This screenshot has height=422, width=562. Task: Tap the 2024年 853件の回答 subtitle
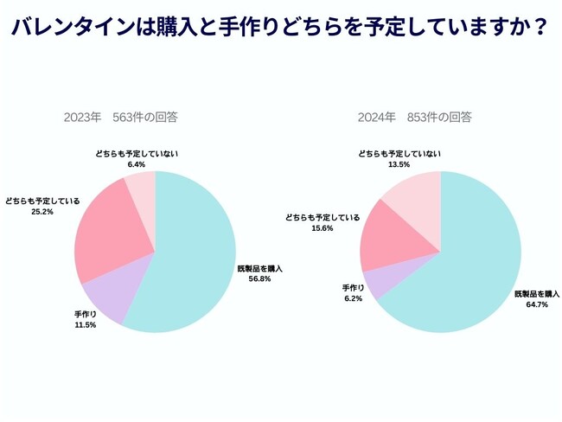pos(415,117)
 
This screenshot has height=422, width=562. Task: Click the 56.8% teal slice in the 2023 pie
pos(195,259)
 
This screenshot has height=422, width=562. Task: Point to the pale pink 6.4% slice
pos(141,186)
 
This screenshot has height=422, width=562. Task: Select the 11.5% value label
pos(85,325)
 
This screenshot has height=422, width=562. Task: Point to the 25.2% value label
pos(42,211)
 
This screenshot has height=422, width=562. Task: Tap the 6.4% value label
pos(137,163)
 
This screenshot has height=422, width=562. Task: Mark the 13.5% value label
pos(399,163)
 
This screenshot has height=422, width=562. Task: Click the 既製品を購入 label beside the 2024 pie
pos(537,294)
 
